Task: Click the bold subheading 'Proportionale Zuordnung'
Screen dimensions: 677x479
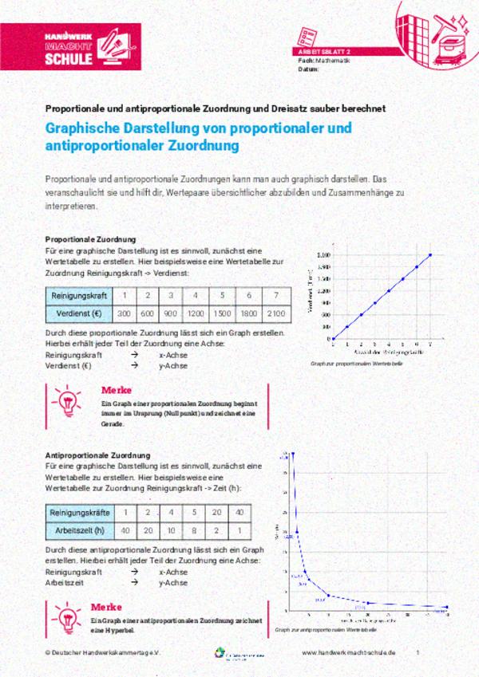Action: pyautogui.click(x=90, y=239)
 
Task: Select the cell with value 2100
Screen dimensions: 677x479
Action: pyautogui.click(x=275, y=313)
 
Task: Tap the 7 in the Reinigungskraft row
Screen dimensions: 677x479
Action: pyautogui.click(x=275, y=295)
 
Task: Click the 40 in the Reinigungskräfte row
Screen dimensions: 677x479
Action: pyautogui.click(x=240, y=512)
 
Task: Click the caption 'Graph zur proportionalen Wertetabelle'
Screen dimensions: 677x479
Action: pyautogui.click(x=356, y=363)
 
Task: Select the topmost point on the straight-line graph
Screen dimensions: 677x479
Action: pyautogui.click(x=430, y=255)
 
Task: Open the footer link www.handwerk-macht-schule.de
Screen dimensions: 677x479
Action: pyautogui.click(x=349, y=651)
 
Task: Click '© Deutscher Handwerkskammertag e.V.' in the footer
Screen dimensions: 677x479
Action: pyautogui.click(x=103, y=651)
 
